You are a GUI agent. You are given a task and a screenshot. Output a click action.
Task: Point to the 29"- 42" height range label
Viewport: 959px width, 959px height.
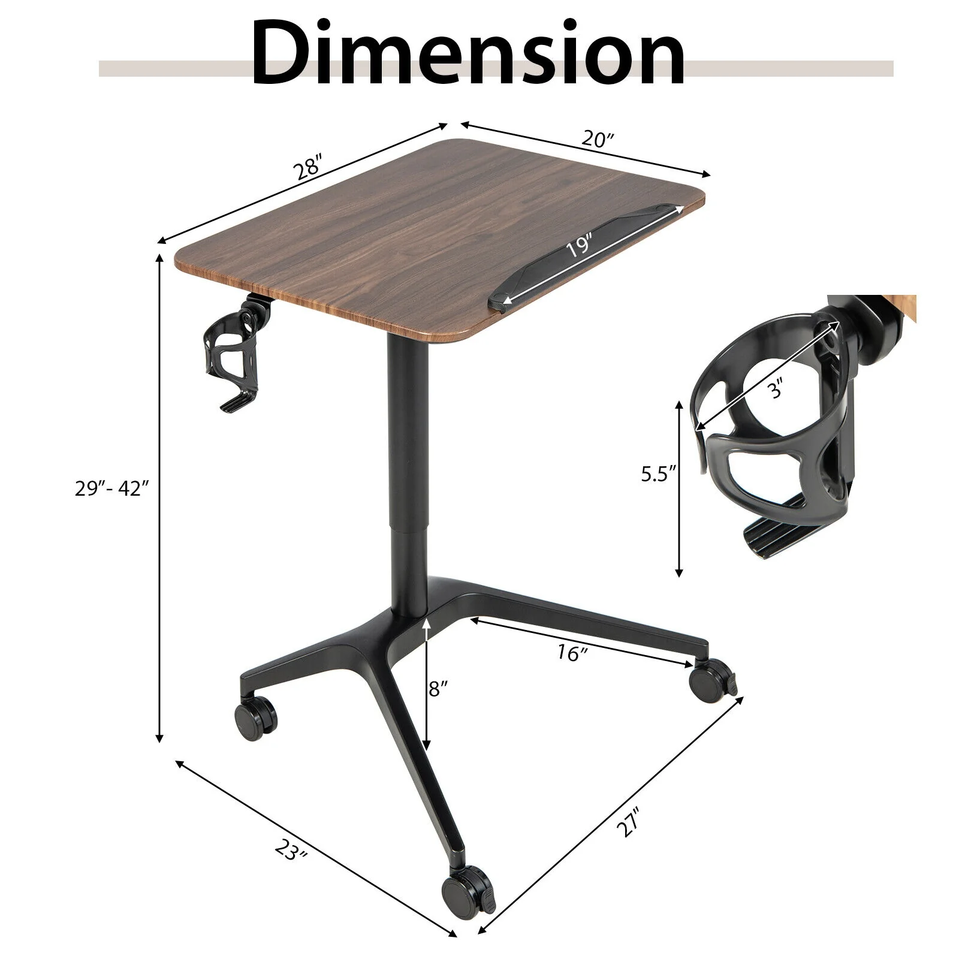pos(111,488)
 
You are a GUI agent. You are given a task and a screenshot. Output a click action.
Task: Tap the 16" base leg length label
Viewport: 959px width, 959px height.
pos(570,653)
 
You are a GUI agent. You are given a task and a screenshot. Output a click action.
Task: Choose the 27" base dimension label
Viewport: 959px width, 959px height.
pos(629,822)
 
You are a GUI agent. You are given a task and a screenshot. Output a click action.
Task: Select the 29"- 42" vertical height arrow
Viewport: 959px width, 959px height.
pos(159,497)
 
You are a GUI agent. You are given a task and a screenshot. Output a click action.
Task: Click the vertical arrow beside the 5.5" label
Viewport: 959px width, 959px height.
pos(678,488)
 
